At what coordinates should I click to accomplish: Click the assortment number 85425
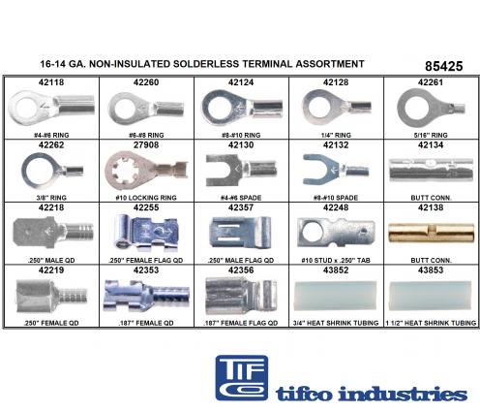click(x=443, y=66)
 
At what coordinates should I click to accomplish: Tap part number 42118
click(x=51, y=82)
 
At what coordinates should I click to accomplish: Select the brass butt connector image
click(x=431, y=233)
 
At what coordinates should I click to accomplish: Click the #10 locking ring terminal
click(x=146, y=171)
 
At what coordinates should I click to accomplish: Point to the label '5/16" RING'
click(x=431, y=135)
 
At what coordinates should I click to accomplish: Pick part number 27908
click(x=146, y=145)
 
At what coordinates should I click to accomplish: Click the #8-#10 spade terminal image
click(x=336, y=170)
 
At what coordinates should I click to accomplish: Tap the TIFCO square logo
click(x=242, y=378)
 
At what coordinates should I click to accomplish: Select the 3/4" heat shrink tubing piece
click(x=336, y=296)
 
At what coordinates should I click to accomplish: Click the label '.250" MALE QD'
click(x=51, y=261)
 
